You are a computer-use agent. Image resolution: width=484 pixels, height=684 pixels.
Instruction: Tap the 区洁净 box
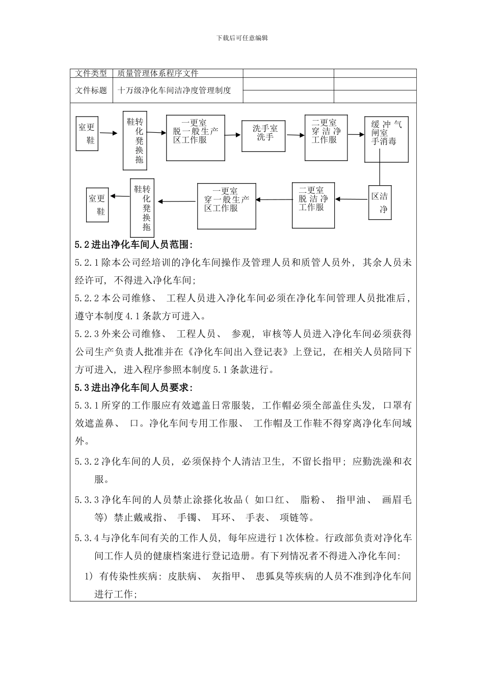tap(380, 202)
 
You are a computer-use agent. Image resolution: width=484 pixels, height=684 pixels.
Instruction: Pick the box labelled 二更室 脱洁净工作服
tap(313, 205)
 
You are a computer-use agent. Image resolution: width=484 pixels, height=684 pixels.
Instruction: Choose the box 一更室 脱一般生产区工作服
tap(196, 138)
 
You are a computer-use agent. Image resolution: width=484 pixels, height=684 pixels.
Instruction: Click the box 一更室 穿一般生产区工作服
tap(226, 206)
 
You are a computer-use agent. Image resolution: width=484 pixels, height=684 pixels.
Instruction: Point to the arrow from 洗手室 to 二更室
tap(295, 135)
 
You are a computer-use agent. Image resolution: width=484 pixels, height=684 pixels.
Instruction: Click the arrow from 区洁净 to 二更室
tap(352, 199)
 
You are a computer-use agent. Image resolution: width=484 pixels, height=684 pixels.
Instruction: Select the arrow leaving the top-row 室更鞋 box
tap(111, 133)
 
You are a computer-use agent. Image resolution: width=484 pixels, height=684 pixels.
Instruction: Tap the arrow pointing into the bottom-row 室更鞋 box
tap(120, 196)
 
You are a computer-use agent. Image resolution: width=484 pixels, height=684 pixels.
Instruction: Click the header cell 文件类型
tap(91, 73)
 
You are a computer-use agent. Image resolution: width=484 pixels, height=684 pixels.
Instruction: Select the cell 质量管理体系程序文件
tap(158, 73)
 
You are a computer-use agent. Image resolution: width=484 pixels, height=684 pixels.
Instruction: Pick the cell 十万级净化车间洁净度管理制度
tap(174, 91)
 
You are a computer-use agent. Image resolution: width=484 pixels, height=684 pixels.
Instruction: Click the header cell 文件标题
tap(91, 91)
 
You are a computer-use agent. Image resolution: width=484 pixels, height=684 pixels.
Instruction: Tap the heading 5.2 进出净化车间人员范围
tap(134, 245)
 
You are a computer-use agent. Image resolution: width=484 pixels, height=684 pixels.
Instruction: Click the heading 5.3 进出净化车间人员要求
tap(134, 388)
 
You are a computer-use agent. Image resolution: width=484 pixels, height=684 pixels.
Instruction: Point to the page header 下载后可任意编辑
tap(242, 38)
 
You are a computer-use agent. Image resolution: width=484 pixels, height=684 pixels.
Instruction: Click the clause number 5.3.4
tap(87, 537)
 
